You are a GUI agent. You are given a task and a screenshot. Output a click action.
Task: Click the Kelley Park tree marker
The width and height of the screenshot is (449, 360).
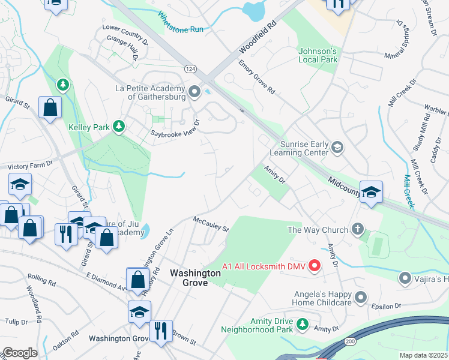tap(119, 125)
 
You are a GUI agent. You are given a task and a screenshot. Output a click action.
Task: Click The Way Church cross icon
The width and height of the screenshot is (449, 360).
tap(358, 229)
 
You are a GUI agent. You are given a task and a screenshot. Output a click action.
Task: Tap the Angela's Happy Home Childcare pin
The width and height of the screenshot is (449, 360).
tap(360, 297)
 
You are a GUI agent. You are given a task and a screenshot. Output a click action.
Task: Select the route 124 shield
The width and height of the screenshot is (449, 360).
tap(190, 69)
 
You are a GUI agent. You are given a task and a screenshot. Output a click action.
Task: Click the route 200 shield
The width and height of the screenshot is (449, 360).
tap(349, 341)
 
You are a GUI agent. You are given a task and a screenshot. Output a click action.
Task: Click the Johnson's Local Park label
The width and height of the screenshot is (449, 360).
tap(318, 55)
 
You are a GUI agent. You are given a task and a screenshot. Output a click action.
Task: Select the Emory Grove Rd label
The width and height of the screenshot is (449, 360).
tap(256, 77)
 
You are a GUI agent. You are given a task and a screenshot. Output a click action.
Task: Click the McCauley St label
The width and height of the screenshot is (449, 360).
tap(211, 225)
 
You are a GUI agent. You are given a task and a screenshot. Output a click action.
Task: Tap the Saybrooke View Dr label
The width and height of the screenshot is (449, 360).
tap(174, 127)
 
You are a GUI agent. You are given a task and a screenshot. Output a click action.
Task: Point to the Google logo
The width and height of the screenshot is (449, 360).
tap(20, 353)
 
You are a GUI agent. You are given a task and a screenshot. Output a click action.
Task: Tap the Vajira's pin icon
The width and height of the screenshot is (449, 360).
tap(405, 278)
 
